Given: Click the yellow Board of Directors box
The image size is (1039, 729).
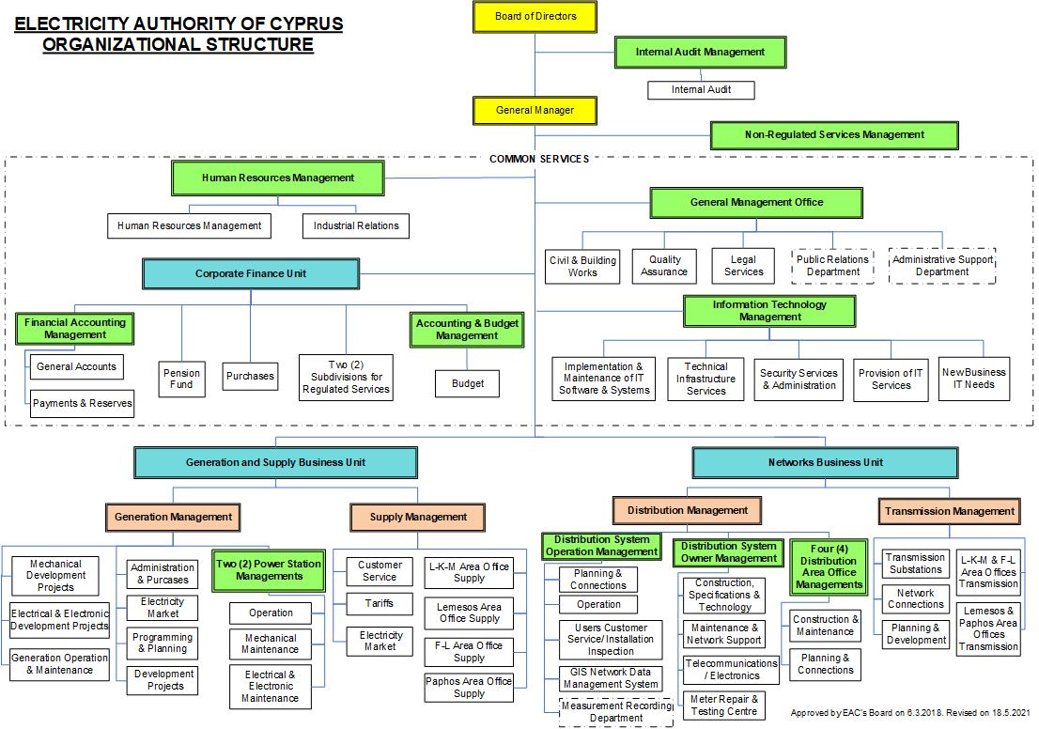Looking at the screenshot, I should (535, 16).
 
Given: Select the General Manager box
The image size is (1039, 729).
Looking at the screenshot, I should (535, 111).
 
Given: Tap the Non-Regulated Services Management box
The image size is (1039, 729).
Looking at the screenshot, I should (834, 135).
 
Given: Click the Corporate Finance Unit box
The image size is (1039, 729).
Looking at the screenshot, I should (251, 274).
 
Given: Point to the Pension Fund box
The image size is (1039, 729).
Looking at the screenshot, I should (181, 379).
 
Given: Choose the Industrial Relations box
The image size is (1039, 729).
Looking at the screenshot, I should (356, 226).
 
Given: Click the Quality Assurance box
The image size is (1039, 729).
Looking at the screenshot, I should (664, 266).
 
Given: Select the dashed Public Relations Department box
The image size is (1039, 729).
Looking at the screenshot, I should (833, 266).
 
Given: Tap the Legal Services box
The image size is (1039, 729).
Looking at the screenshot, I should (744, 266).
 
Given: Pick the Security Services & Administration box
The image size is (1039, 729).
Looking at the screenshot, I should (799, 379).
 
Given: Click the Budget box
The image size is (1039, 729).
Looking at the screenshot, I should (468, 383).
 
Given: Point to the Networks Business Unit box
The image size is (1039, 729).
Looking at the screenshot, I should (826, 462).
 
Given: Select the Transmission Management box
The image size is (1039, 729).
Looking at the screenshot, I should (950, 512).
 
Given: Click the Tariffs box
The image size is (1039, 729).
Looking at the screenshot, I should (380, 604).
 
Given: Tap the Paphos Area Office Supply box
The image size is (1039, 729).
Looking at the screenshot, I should (469, 688).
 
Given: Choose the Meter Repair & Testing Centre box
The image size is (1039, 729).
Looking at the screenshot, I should (723, 706).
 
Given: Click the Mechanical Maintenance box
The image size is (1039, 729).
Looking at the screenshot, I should (271, 644).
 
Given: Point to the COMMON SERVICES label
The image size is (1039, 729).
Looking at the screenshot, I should (539, 159).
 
